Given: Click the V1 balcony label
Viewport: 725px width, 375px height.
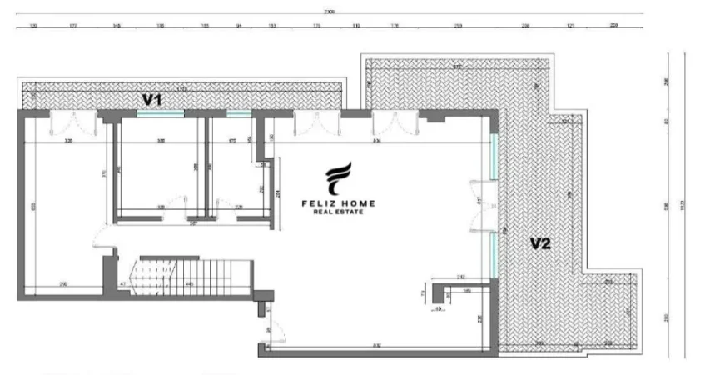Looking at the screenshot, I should pyautogui.click(x=151, y=99).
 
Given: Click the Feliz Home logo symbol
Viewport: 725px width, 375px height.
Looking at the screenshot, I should pyautogui.click(x=337, y=178).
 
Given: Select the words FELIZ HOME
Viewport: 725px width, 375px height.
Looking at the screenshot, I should pyautogui.click(x=337, y=202).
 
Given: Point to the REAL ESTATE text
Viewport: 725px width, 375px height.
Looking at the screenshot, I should pyautogui.click(x=337, y=212).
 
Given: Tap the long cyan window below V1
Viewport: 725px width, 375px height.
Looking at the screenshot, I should pyautogui.click(x=161, y=113).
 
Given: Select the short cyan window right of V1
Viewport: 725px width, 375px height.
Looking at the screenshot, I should pyautogui.click(x=238, y=113).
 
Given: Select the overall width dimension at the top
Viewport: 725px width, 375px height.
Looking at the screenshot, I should pyautogui.click(x=330, y=14).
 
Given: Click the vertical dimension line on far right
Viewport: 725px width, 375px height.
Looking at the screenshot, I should pyautogui.click(x=684, y=204).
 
